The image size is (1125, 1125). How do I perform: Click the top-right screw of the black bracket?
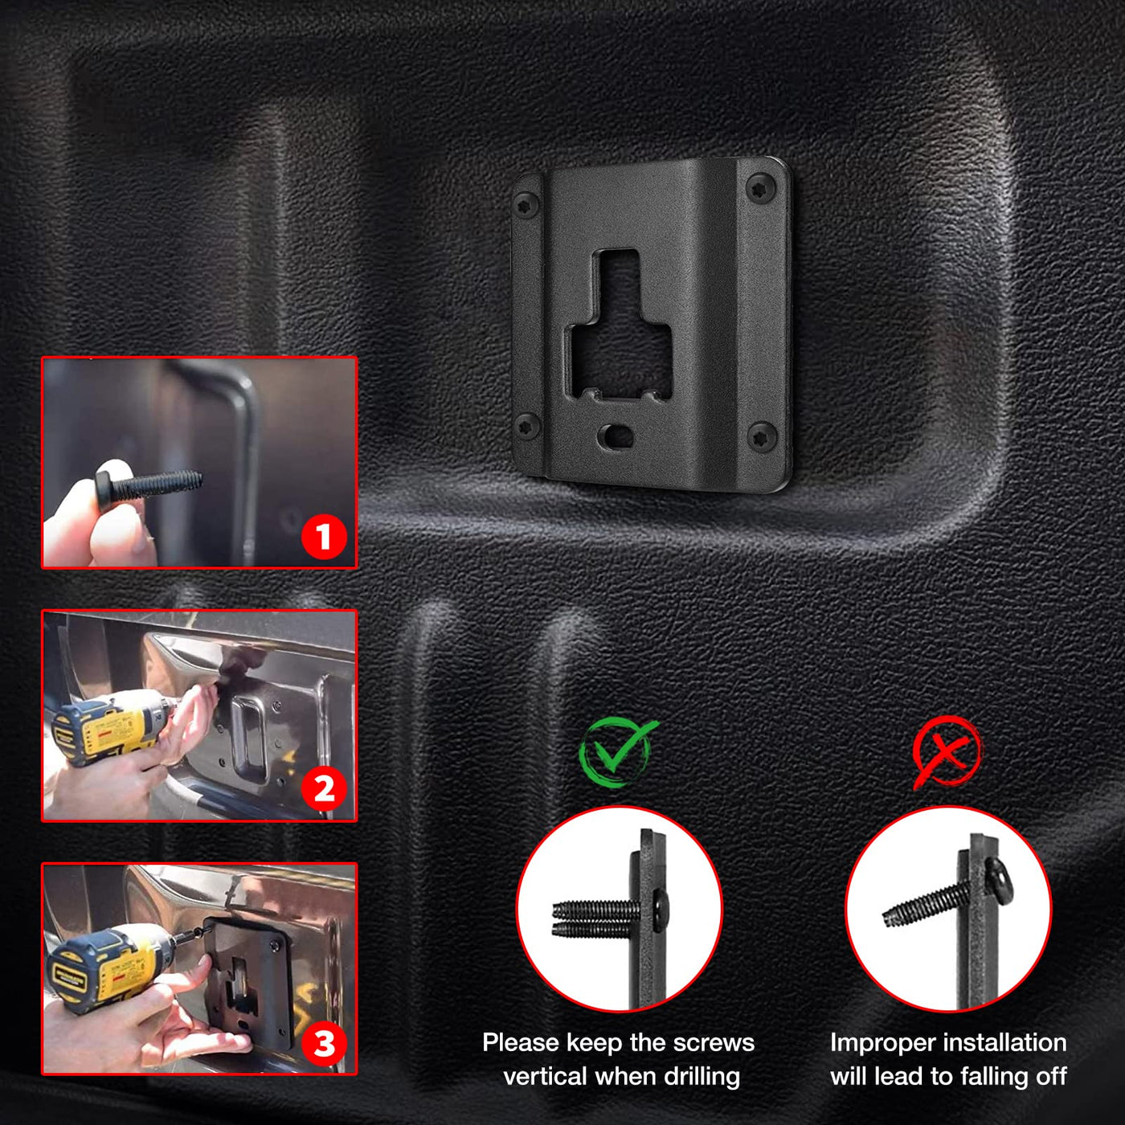[761, 188]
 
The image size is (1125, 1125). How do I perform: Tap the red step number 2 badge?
[324, 789]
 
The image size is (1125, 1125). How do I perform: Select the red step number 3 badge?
[324, 1043]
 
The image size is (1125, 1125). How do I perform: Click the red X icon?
[947, 752]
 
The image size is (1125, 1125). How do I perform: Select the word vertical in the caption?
[544, 1076]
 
